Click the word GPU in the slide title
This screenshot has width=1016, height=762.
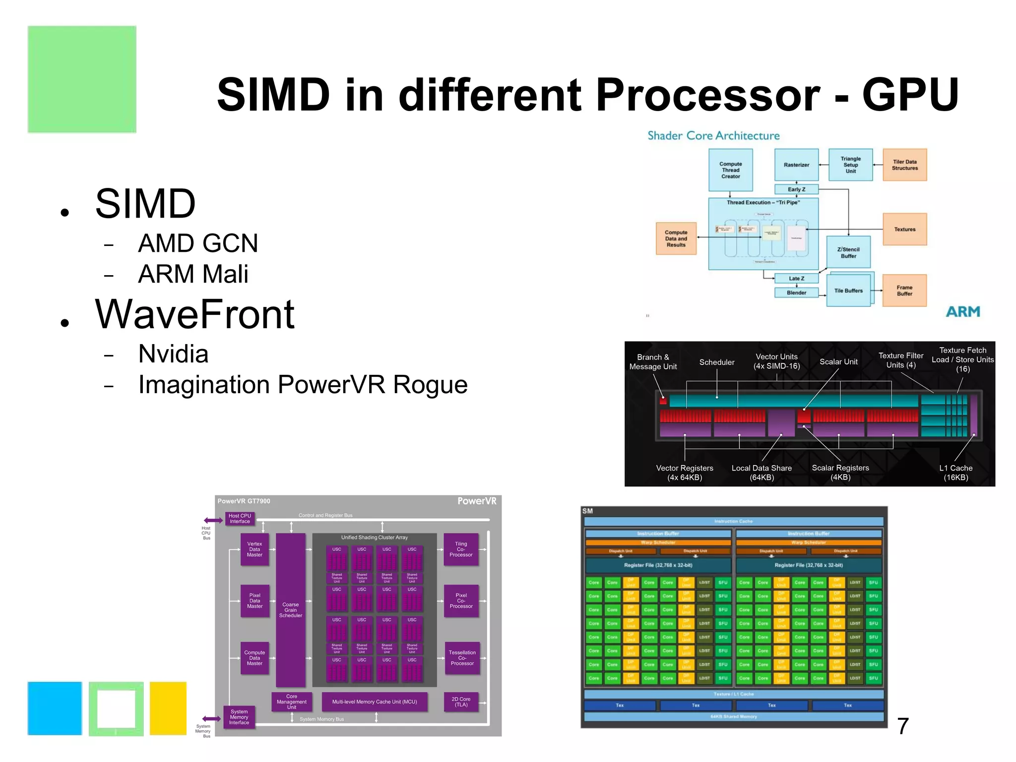point(910,94)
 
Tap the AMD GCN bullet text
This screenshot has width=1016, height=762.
point(198,243)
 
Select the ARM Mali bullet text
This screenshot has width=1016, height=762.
point(193,274)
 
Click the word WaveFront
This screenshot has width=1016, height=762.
point(195,314)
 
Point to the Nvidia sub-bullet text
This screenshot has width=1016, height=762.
point(173,354)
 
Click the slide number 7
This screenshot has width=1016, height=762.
point(903,726)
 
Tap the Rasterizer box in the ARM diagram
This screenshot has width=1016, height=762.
point(796,165)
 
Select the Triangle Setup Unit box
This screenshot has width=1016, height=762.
point(850,165)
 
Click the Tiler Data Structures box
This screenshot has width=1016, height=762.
point(904,165)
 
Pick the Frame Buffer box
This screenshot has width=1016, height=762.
point(904,291)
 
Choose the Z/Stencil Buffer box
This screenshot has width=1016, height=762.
point(848,252)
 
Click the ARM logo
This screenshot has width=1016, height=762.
point(963,311)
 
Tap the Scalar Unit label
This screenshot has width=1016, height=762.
point(838,362)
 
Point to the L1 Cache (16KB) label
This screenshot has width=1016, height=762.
point(955,472)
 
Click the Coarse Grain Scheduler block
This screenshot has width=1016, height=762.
point(291,610)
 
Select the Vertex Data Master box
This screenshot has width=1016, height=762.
point(254,549)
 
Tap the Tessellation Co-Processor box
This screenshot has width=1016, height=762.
point(462,658)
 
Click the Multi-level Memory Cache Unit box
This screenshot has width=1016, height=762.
point(375,702)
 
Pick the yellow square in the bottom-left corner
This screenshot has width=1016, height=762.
point(168,708)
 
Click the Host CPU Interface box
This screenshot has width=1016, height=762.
point(240,519)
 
